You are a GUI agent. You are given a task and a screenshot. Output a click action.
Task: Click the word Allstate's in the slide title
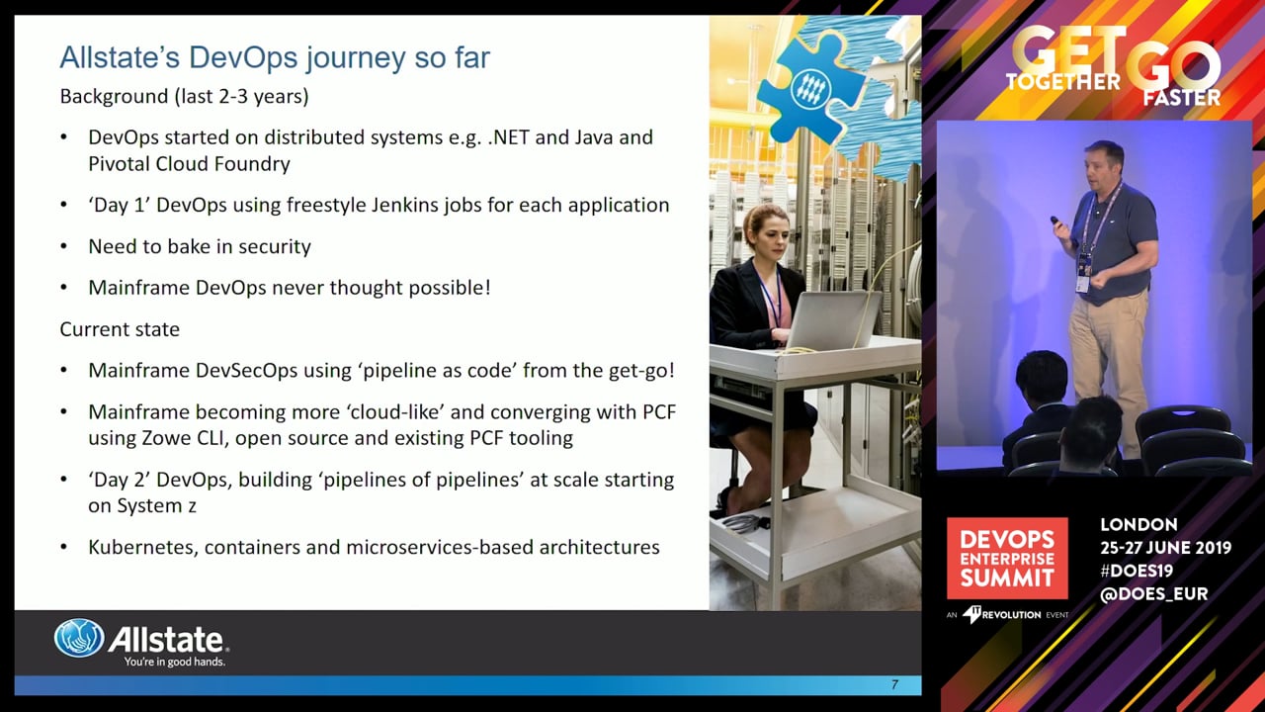coord(121,57)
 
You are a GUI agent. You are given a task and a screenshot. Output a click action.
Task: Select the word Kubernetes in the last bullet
coord(140,547)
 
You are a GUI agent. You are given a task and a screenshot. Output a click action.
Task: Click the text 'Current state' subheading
coord(120,329)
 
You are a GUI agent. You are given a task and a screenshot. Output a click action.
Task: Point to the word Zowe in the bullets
coord(167,438)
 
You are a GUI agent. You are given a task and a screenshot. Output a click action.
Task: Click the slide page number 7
coord(894,685)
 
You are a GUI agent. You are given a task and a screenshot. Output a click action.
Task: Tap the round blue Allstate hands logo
coord(79,638)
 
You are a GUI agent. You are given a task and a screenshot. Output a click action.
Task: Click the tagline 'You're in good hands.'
coord(175,662)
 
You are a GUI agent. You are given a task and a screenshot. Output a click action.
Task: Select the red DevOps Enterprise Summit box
coord(1007,559)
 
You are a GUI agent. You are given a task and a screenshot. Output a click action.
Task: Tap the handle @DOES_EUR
coord(1153,594)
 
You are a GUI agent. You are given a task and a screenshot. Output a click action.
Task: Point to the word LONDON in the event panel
coord(1138,524)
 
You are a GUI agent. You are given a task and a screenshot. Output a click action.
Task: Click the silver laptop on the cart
coord(833,320)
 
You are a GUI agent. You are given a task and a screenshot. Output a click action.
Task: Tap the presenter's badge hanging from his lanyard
coord(1083,274)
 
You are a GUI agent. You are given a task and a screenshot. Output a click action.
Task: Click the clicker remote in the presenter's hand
coord(1054,221)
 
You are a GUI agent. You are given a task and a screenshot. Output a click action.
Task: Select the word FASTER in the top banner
coord(1181,98)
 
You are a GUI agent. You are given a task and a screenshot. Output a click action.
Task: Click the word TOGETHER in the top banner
coord(1062,82)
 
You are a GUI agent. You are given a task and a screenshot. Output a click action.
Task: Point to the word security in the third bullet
coord(275,246)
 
